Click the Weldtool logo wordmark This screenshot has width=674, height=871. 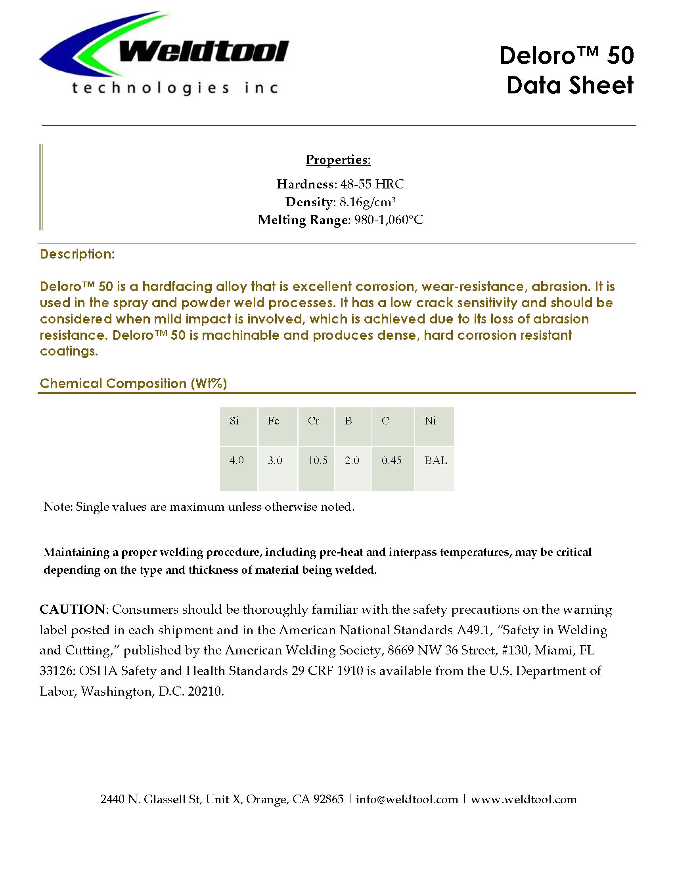204,52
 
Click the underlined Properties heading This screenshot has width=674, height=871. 338,160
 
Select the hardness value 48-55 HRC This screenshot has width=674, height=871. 372,184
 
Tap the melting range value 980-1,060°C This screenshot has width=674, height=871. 389,220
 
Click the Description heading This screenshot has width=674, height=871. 77,254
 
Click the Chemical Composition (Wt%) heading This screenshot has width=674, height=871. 133,384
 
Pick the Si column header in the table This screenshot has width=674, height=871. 234,421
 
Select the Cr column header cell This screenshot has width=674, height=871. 314,421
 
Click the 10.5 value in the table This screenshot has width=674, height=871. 318,460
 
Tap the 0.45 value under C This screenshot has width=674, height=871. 392,460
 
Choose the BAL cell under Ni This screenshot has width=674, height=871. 436,460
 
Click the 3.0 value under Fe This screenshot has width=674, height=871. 275,460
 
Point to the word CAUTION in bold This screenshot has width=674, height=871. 72,609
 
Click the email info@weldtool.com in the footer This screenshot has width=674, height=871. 407,799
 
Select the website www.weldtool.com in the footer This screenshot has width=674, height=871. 524,799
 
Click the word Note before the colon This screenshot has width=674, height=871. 57,507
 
